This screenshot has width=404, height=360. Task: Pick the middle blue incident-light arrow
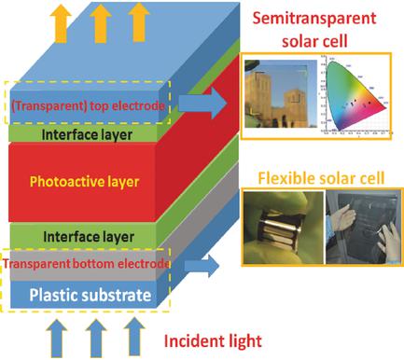96,333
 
